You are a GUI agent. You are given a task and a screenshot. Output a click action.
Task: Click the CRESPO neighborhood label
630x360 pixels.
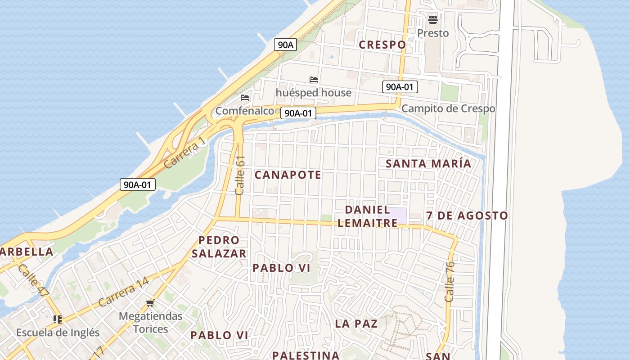tap(382, 45)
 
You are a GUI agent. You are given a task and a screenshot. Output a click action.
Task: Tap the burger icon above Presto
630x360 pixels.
tap(433, 20)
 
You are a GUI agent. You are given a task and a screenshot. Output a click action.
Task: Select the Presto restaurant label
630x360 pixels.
tap(433, 33)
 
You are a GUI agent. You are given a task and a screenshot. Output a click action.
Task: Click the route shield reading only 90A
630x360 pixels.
tap(285, 45)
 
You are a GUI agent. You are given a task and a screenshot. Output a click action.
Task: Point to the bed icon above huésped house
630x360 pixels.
tap(314, 80)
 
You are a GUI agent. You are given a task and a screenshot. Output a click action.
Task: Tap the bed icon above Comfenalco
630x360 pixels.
tap(245, 97)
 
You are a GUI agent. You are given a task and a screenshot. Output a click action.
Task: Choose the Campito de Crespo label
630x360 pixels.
tap(448, 108)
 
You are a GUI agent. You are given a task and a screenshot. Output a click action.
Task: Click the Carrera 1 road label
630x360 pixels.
tap(184, 153)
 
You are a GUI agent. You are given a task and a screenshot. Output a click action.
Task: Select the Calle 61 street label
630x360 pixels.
tap(240, 175)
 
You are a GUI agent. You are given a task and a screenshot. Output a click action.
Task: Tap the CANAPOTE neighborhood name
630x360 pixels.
tap(288, 175)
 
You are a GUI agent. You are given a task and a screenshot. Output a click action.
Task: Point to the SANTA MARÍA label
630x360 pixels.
tap(428, 163)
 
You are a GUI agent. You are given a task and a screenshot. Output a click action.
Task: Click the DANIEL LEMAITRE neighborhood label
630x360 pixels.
tap(367, 216)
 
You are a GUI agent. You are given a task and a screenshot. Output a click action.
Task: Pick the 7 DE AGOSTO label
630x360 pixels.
tap(467, 216)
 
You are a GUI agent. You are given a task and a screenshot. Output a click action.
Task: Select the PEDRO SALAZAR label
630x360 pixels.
tap(219, 247)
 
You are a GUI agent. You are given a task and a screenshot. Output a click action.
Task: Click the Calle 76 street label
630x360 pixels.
tap(450, 281)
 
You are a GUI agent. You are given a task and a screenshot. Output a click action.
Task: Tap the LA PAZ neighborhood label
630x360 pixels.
tap(356, 324)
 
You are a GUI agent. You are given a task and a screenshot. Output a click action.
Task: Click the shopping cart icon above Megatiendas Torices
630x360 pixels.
tap(150, 303)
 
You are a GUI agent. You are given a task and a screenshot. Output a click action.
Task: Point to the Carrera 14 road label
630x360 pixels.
tap(123, 292)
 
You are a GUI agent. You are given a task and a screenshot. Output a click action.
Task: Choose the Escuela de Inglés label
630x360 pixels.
tap(58, 333)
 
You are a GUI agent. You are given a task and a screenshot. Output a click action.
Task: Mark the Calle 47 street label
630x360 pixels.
tap(34, 280)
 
